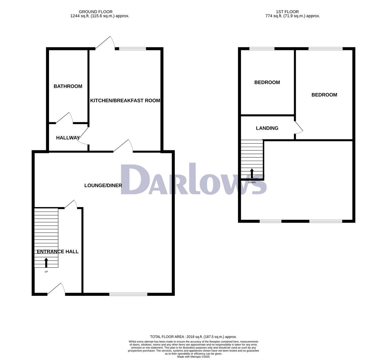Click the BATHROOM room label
(x=68, y=86)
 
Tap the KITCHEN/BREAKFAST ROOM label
(x=125, y=100)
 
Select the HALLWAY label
(x=68, y=138)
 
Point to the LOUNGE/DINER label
(x=103, y=185)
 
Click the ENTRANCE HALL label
(x=57, y=252)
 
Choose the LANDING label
(x=267, y=128)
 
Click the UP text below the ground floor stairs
(x=46, y=272)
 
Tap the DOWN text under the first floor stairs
(x=252, y=182)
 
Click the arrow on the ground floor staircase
(x=46, y=263)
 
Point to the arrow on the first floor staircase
(x=252, y=173)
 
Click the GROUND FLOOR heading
(x=100, y=12)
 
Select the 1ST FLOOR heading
(x=287, y=12)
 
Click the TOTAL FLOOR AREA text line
(x=193, y=336)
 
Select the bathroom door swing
(x=64, y=118)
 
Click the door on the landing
(x=298, y=127)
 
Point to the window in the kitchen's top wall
(x=133, y=49)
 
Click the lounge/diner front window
(x=128, y=294)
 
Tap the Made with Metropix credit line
(x=193, y=357)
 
